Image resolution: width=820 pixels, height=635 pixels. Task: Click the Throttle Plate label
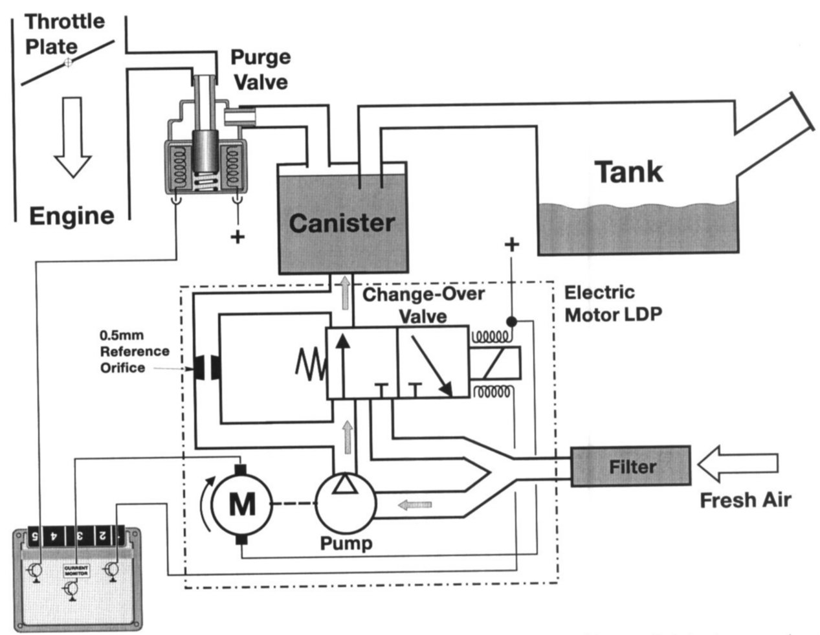tap(63, 34)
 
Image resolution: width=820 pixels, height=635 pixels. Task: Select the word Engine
tap(72, 216)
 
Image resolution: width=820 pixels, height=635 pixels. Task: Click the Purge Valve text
tap(260, 69)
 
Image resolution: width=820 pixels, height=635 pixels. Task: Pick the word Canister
tap(342, 223)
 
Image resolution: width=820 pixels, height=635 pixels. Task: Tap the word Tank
tap(628, 172)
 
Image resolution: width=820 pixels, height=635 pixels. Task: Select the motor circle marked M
tap(242, 504)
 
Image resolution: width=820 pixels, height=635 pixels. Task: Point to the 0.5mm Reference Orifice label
tap(134, 352)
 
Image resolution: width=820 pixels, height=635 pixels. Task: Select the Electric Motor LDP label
tap(613, 303)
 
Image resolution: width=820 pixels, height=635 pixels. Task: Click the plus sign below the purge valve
tap(238, 237)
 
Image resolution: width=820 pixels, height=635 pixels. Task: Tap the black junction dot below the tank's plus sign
tap(511, 321)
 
